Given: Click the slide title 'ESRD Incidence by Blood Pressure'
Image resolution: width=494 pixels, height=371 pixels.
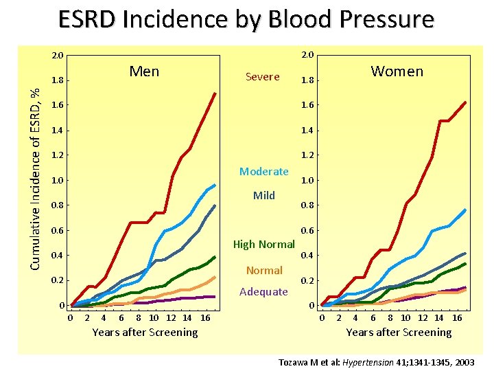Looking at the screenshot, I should pos(246,19).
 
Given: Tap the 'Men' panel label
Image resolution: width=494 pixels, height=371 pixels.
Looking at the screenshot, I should pos(144,71).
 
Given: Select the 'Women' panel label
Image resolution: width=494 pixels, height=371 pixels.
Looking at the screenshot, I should pos(397,71).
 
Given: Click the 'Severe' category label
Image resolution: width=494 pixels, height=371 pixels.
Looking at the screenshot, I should pos(263,77).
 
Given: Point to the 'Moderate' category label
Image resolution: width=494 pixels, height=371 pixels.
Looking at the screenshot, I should pos(263,171).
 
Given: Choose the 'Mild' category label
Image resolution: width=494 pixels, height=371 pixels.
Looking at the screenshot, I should pos(263,195).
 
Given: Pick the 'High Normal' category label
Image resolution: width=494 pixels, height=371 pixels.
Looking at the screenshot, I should pos(263,244).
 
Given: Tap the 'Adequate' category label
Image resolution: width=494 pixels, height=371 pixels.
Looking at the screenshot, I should pos(263,291).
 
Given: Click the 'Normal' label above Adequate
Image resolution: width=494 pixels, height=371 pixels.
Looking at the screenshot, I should pos(264,271).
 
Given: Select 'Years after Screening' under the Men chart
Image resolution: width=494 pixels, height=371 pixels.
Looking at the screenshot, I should pos(145,333).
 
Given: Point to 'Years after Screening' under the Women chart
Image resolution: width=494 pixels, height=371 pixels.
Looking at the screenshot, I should pos(399,333).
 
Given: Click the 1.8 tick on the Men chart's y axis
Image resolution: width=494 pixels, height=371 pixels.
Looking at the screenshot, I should pos(58,80).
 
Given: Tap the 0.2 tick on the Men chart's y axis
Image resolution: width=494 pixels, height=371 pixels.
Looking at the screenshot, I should pos(58,280).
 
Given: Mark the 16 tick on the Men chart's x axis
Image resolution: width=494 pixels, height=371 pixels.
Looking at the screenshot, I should pos(204,317).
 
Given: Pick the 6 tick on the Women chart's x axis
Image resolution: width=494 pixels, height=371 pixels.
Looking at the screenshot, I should pos(373,317).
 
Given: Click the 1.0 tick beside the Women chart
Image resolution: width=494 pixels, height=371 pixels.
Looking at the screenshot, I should pos(307,181).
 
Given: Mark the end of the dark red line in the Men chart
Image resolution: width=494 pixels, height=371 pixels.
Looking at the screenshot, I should pos(215,93).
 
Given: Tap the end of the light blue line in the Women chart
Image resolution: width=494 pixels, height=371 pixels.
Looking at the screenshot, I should pos(466,210).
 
